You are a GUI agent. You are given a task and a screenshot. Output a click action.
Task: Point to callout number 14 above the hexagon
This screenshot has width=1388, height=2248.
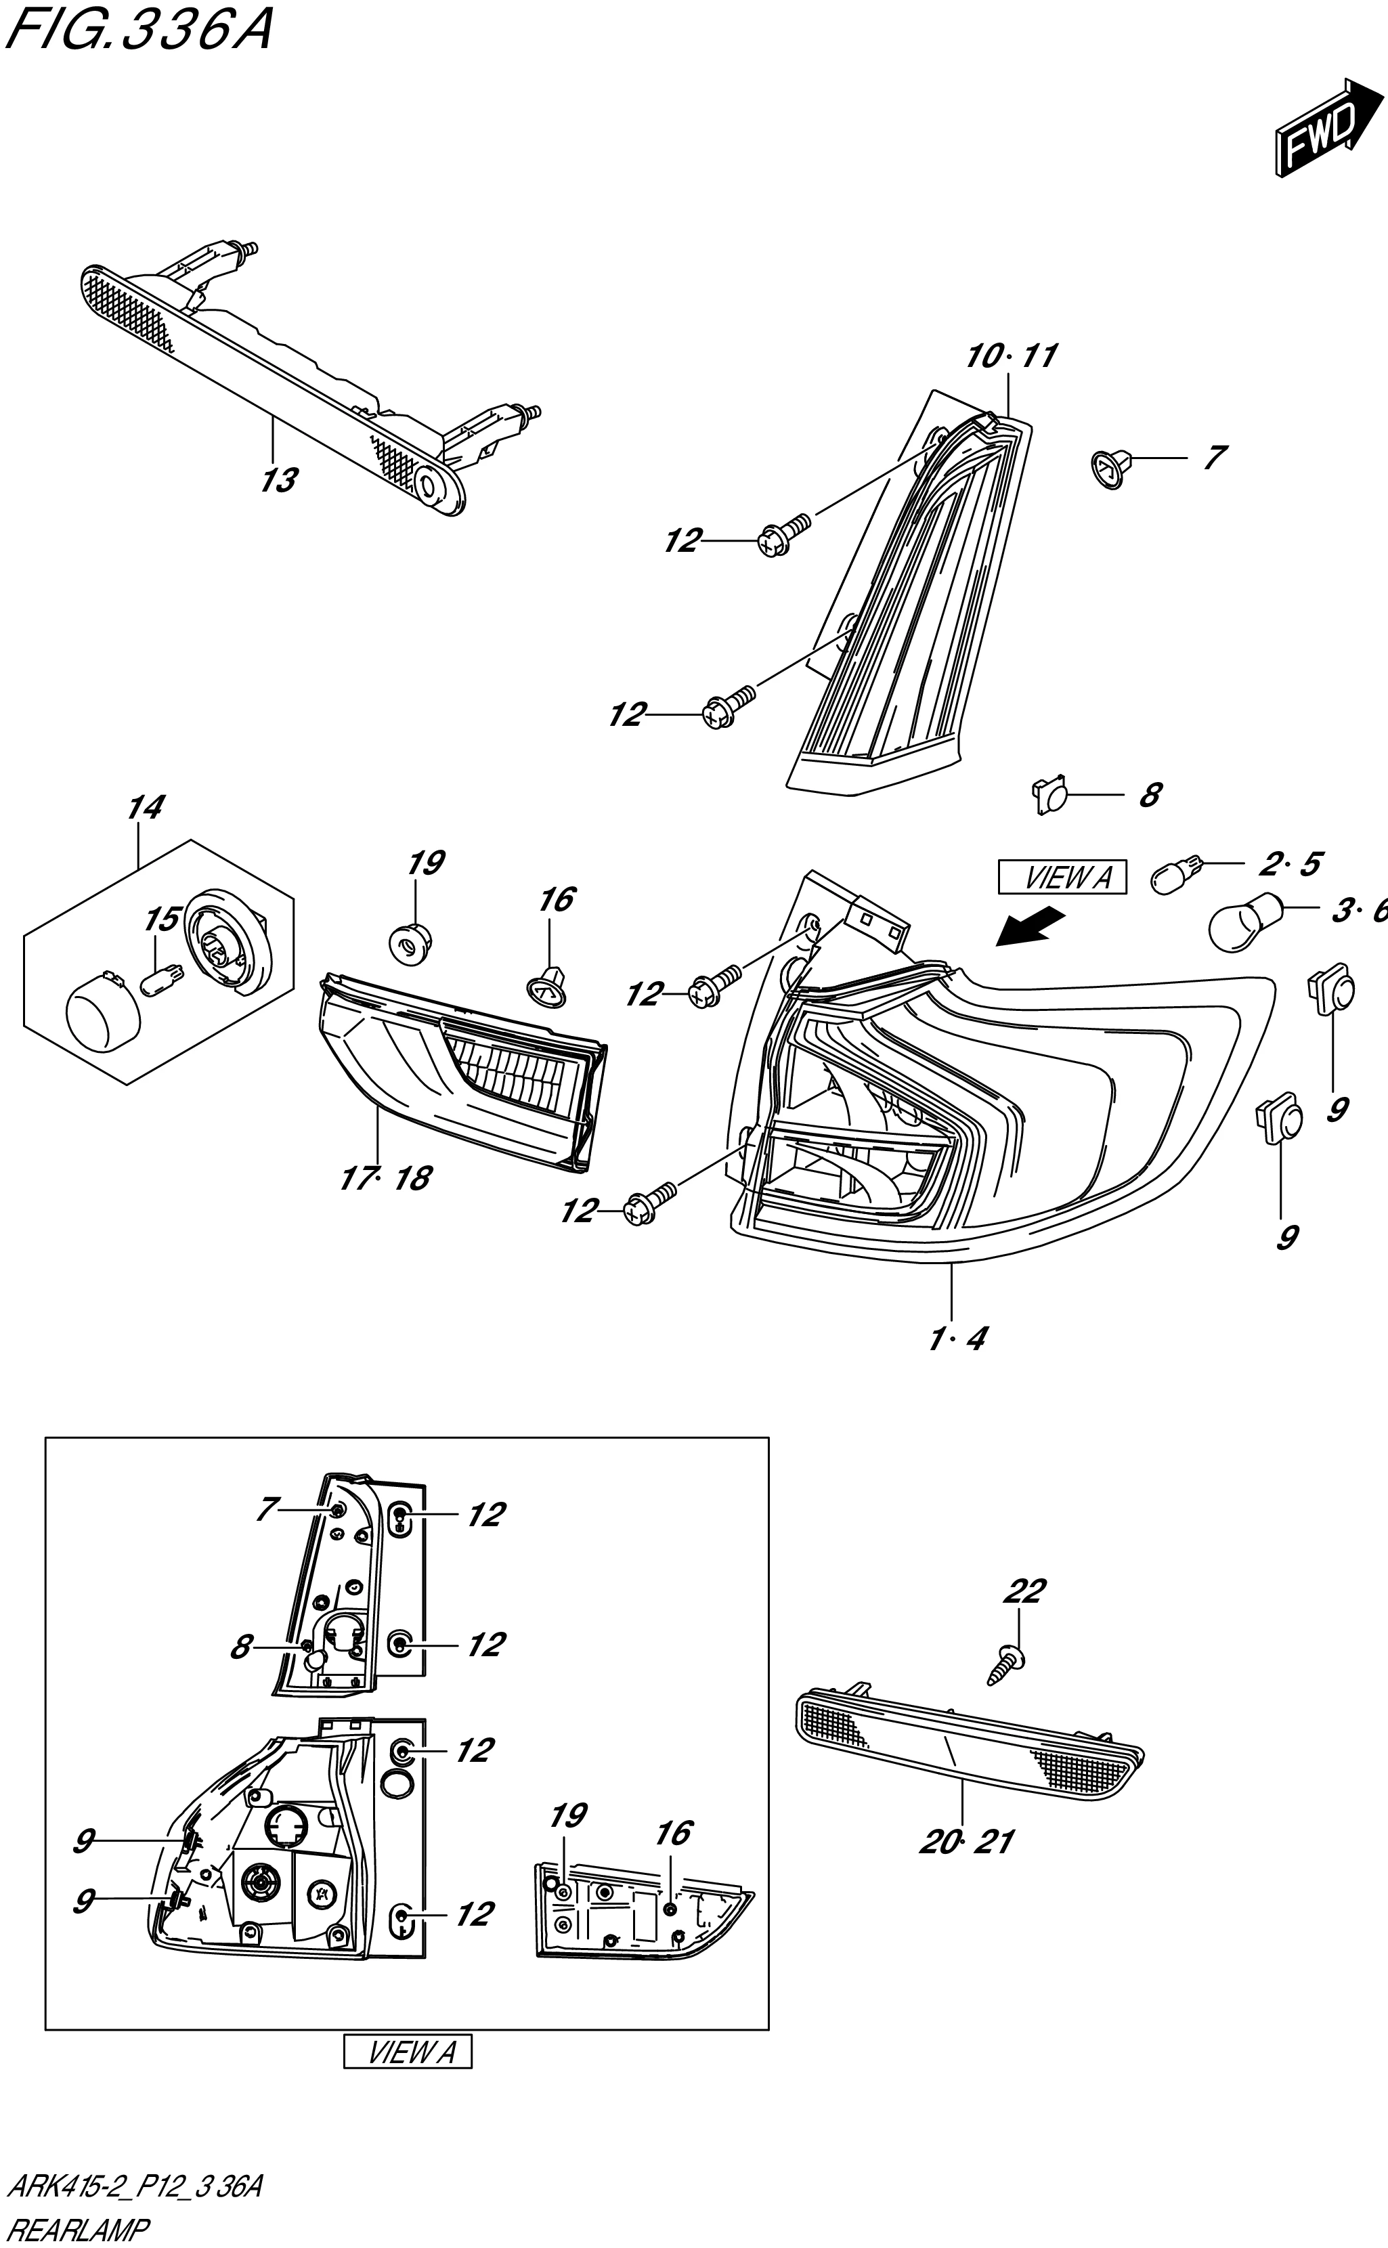(x=145, y=808)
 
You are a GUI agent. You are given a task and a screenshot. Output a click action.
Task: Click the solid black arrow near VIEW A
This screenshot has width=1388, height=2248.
(x=1030, y=926)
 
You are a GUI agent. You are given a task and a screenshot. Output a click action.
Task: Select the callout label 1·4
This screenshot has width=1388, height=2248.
(x=957, y=1339)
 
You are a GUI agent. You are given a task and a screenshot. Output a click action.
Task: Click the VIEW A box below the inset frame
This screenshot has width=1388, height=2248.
(x=408, y=2052)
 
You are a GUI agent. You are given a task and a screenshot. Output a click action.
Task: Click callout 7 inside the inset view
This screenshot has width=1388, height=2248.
(x=266, y=1509)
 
